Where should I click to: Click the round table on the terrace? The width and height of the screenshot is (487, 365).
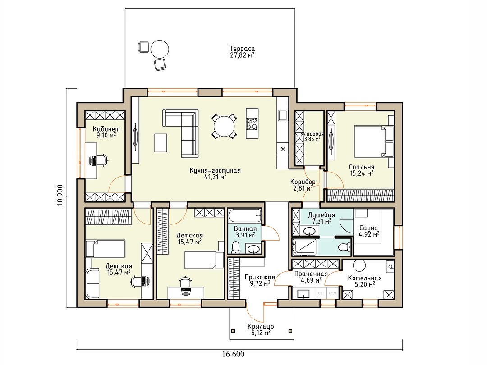coord(160,49)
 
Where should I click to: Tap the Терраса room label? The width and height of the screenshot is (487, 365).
coord(242,49)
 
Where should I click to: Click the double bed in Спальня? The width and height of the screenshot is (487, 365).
coord(371,141)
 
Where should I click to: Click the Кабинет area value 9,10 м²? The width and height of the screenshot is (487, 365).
coord(106,135)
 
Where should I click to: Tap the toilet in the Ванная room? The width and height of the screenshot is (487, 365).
coord(236,247)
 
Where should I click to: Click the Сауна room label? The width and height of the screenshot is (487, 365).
coord(368,228)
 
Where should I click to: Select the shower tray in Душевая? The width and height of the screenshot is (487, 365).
coord(304,247)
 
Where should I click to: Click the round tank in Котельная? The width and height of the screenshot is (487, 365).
coord(359,266)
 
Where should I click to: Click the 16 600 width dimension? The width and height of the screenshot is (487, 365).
coord(233,354)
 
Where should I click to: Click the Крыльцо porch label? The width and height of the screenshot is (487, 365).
coord(261,327)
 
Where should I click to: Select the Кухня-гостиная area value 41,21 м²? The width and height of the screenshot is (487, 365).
coord(215,177)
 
